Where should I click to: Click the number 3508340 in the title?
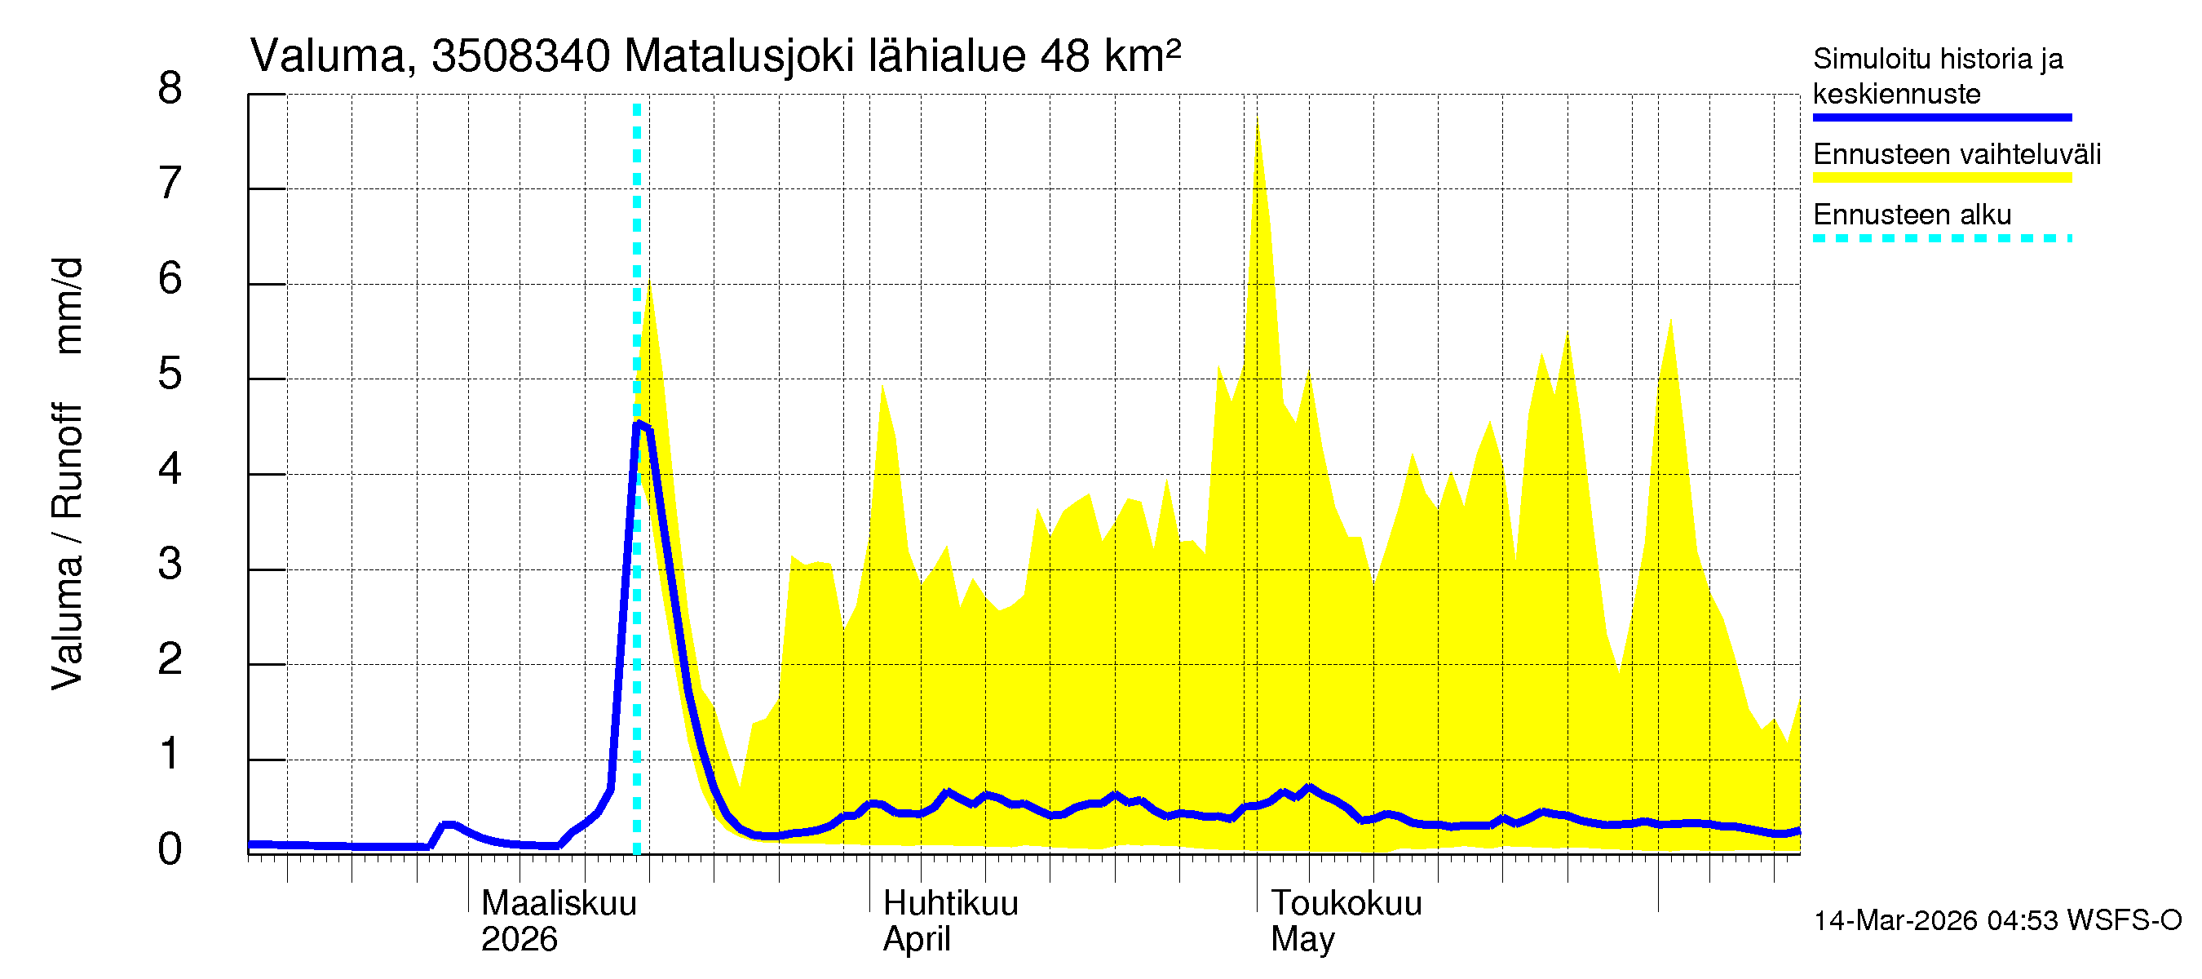click(520, 56)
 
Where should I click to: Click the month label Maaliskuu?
click(559, 904)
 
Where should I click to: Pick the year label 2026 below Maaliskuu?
click(519, 940)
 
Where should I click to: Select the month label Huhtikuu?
click(951, 904)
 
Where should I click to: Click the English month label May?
click(1302, 940)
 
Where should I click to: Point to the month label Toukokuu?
click(1346, 904)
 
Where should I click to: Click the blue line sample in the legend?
click(1941, 117)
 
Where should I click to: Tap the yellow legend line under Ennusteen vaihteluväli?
click(1941, 178)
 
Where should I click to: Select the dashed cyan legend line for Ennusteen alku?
click(1941, 238)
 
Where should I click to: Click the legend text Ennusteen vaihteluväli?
click(1957, 155)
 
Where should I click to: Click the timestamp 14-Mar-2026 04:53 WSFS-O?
click(1997, 921)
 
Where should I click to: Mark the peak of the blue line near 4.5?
click(639, 423)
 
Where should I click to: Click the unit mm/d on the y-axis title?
click(69, 305)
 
